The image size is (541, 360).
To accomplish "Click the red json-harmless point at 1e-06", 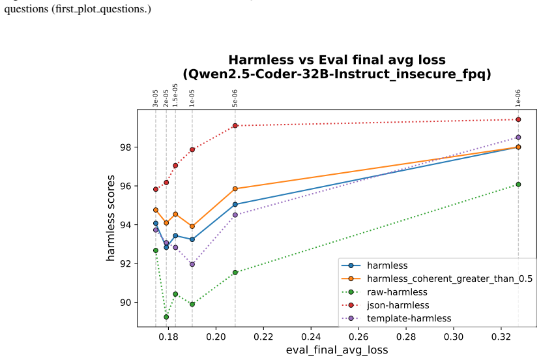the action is (518, 119).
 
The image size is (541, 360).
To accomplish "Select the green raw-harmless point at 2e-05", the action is (166, 317).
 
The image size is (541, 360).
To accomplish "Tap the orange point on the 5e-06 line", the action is (235, 188).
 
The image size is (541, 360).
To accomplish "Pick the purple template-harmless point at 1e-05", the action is (192, 264).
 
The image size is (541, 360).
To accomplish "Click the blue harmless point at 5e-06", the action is (235, 204).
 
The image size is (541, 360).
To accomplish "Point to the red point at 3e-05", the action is (156, 189).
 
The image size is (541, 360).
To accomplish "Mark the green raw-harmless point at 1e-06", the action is (518, 185).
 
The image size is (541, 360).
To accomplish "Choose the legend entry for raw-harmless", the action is (397, 292).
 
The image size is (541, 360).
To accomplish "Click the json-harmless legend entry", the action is (398, 305).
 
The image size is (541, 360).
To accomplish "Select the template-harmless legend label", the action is (409, 318).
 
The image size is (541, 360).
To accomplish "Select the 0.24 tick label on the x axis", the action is (311, 337).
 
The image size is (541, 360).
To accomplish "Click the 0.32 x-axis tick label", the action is (501, 337).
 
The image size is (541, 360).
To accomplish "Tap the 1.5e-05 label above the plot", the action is (175, 95).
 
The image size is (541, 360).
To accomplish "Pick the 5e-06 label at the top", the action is (235, 98).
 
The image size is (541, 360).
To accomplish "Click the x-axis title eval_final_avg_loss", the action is (337, 350).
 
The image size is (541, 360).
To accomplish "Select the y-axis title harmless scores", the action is (110, 218).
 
